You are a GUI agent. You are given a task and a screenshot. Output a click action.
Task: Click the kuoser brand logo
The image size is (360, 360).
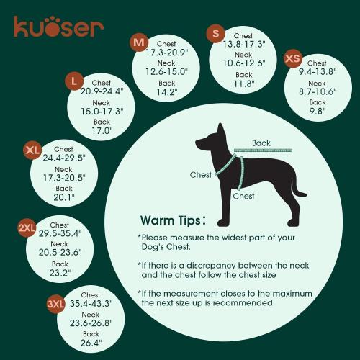tap(58, 27)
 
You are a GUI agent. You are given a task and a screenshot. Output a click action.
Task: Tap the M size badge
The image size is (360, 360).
tap(140, 42)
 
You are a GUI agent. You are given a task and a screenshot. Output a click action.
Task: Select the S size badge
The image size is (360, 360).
tap(215, 33)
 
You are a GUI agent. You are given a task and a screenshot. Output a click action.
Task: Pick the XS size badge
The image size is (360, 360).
tap(292, 58)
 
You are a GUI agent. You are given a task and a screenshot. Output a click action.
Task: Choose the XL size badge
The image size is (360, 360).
tap(32, 150)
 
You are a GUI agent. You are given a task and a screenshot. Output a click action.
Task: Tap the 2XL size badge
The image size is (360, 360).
tap(27, 228)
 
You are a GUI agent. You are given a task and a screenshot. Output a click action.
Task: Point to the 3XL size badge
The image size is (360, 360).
tap(55, 305)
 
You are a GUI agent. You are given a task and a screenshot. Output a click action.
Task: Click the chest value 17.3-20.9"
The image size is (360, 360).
tap(166, 53)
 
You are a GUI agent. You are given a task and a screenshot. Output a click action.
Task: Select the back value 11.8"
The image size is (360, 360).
tap(244, 84)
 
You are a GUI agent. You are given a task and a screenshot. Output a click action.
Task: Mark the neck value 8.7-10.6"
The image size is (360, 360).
tap(317, 92)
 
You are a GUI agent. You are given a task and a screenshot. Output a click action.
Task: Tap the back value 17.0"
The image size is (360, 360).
tap(102, 131)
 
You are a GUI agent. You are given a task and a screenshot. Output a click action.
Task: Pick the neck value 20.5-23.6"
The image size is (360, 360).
tap(60, 253)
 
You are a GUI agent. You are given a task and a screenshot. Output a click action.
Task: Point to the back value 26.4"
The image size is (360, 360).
tap(91, 343)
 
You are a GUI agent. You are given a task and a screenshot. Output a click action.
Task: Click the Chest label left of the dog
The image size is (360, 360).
tap(201, 174)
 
